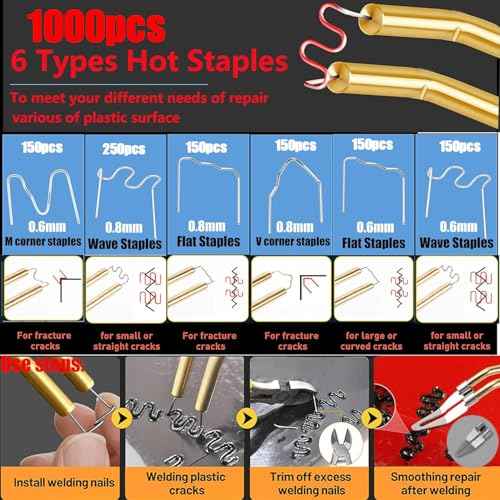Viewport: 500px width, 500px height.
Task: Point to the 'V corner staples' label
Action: (292, 241)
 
